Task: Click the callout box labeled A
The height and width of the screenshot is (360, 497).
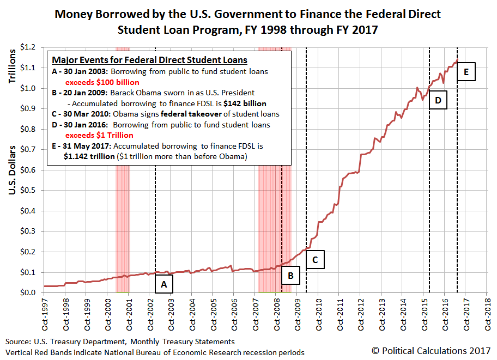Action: coord(165,284)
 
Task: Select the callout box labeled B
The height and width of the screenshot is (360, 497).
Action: coord(291,276)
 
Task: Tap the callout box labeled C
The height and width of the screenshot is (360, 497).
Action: coord(315,259)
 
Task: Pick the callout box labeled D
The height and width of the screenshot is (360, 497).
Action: coord(438,100)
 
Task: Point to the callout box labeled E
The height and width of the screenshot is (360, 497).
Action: coord(466,71)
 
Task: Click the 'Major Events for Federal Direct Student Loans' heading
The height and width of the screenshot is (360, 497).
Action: coord(149,60)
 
